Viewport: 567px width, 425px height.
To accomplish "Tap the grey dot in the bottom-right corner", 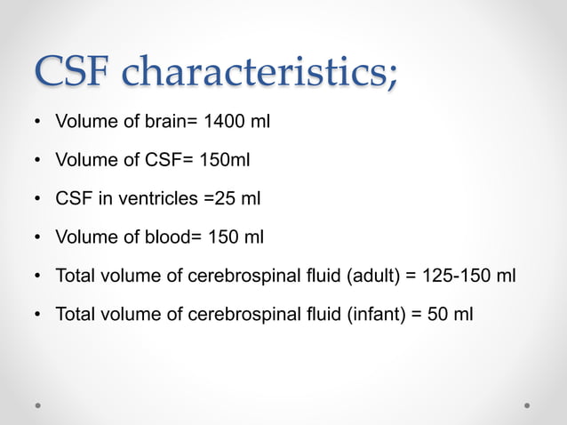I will tap(527, 405).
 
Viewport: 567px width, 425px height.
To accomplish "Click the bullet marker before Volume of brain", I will tap(38, 123).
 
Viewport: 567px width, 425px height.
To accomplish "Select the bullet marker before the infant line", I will tap(38, 315).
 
